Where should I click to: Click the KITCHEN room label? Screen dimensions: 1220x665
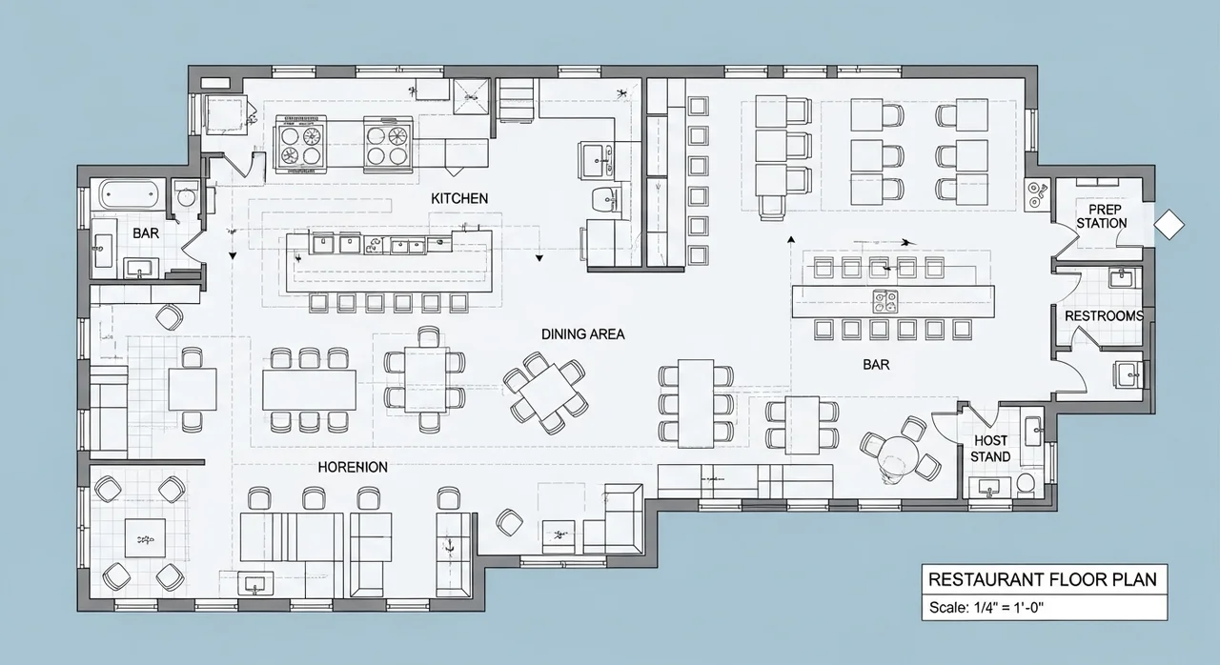[x=459, y=198]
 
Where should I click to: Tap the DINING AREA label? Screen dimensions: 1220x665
[x=582, y=334]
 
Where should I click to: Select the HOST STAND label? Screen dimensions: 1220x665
[x=990, y=449]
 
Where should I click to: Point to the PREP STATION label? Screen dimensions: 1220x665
[x=1101, y=216]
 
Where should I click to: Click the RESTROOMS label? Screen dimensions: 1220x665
[x=1104, y=315]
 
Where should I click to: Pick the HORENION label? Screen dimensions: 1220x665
[x=353, y=467]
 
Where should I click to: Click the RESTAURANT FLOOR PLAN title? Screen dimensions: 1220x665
[x=1043, y=579]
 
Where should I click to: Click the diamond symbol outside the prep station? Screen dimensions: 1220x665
[x=1169, y=224]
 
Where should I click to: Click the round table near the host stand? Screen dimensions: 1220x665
[x=899, y=454]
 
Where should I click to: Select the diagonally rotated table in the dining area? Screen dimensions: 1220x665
[x=546, y=392]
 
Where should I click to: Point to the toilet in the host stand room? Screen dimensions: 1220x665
[x=1026, y=484]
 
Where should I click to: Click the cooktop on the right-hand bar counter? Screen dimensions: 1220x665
[x=885, y=301]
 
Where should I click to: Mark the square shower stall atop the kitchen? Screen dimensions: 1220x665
[x=472, y=96]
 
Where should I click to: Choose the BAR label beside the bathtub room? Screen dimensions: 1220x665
[x=146, y=233]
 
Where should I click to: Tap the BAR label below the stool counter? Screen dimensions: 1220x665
[x=876, y=365]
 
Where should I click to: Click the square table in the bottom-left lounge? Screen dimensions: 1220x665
[x=146, y=537]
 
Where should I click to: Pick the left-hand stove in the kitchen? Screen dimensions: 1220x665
[x=300, y=145]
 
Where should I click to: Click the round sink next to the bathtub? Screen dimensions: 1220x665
[x=186, y=195]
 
